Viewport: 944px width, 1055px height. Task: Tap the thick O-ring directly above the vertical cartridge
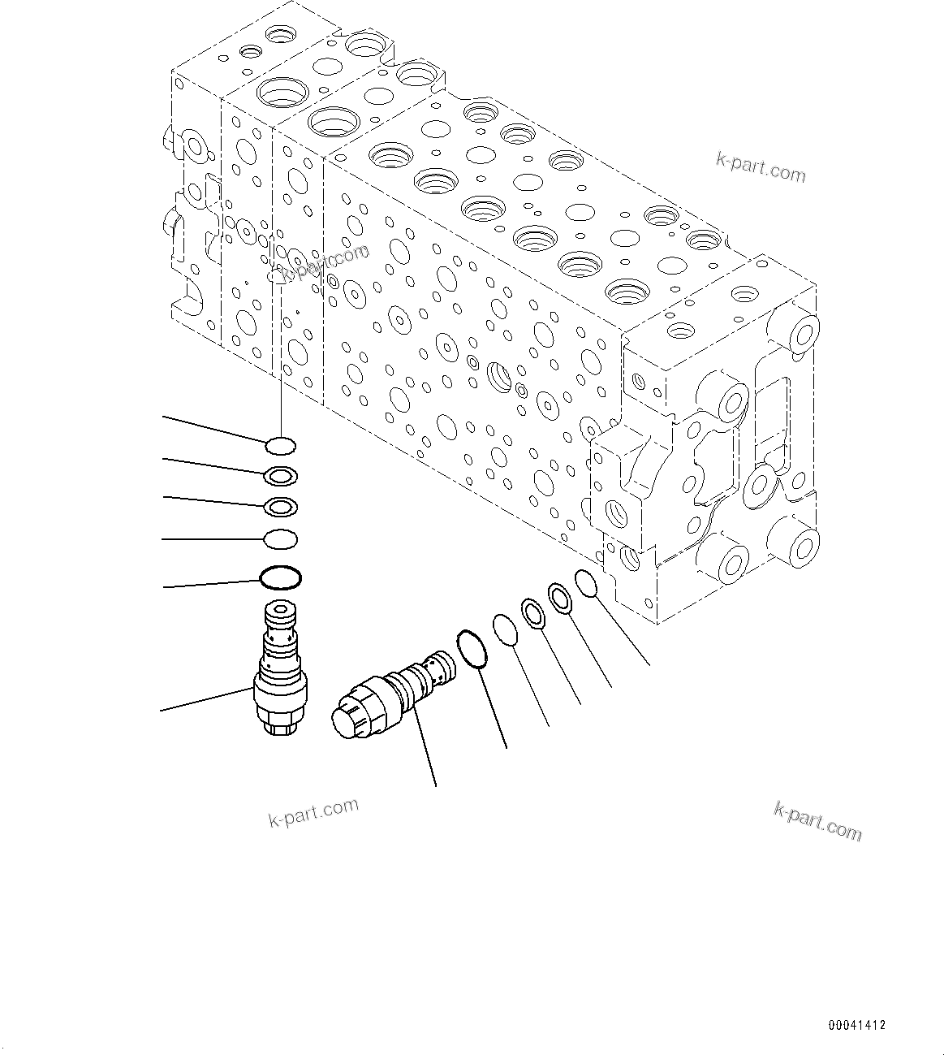click(280, 577)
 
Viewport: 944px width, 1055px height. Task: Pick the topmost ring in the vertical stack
click(280, 445)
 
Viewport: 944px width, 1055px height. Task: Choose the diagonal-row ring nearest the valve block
click(586, 582)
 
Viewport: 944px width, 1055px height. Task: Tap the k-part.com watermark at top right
click(761, 167)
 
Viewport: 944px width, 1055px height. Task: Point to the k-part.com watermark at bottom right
click(818, 821)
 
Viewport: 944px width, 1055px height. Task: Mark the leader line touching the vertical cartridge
click(207, 700)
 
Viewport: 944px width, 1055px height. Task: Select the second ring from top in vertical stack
click(280, 475)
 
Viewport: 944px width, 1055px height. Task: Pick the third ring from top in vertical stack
click(280, 507)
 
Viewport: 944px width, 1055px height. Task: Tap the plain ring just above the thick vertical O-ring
click(280, 538)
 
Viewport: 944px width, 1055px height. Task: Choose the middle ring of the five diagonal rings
click(532, 613)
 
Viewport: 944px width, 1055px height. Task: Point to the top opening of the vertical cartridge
click(280, 608)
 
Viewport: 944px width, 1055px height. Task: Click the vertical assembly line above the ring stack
click(280, 357)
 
